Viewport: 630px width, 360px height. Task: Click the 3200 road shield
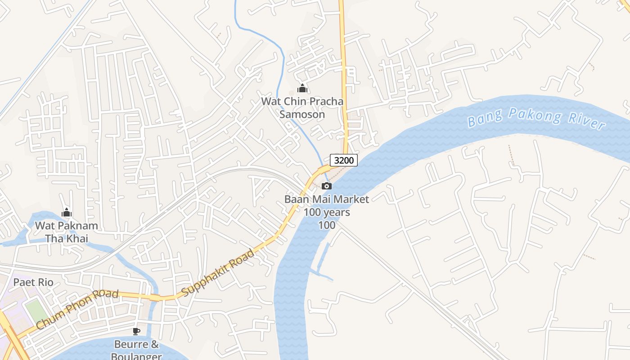344,160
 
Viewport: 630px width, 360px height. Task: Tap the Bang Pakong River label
535,118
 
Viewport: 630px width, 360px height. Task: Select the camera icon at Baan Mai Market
327,186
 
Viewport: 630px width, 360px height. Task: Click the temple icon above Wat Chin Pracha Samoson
302,88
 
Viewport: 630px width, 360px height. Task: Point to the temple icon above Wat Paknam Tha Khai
67,212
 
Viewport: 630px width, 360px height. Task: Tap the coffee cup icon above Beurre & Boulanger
136,332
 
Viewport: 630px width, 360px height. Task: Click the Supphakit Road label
218,273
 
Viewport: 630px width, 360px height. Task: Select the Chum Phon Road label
77,309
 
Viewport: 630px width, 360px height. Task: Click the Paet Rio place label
33,282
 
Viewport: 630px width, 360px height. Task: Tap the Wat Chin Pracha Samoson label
302,108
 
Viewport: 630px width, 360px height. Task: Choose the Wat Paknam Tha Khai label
67,232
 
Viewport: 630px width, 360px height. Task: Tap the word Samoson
302,114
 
